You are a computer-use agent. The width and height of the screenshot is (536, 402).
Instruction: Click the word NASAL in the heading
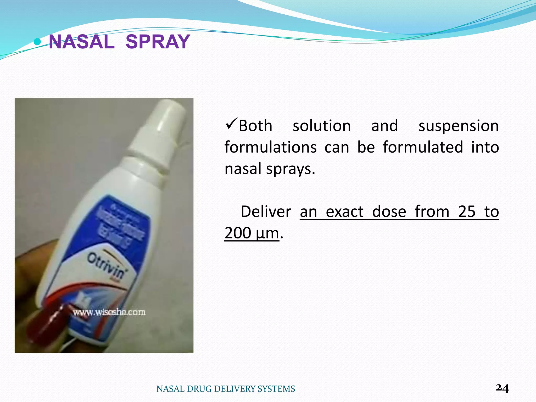click(82, 42)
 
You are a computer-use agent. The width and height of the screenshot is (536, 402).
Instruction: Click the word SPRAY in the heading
click(158, 42)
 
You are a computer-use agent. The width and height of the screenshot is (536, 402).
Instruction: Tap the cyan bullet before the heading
click(38, 41)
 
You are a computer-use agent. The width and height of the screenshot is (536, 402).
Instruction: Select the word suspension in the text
click(459, 126)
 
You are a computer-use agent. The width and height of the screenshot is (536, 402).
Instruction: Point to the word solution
click(322, 126)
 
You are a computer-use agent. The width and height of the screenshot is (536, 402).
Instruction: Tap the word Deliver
click(266, 211)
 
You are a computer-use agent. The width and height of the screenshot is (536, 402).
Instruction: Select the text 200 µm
click(252, 233)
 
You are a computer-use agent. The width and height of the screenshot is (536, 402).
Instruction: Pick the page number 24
click(502, 388)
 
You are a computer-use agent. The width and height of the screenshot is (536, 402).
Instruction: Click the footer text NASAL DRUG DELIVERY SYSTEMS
click(226, 389)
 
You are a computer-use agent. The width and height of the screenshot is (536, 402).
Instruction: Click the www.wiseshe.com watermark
click(109, 312)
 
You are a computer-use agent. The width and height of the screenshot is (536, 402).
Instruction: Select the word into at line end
click(485, 147)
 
